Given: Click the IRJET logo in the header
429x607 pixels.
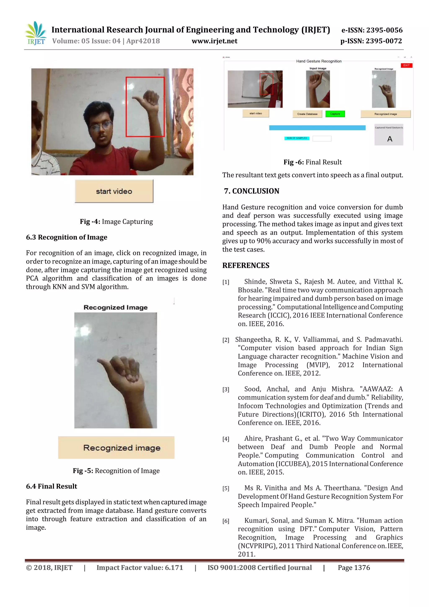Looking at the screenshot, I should (x=36, y=33).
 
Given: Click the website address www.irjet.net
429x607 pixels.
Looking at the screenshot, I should (x=214, y=41).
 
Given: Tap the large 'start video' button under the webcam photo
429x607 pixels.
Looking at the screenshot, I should (x=114, y=191).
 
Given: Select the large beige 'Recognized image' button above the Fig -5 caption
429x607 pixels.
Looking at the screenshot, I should (x=116, y=447).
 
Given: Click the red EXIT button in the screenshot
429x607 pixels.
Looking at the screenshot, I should (x=406, y=65).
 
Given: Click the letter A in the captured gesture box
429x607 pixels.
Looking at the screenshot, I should (x=390, y=139).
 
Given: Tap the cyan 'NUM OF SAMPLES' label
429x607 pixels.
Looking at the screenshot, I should (x=297, y=138).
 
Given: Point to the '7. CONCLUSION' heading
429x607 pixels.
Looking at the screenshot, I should (x=252, y=191).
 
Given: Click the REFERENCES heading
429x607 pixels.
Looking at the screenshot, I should (x=246, y=265).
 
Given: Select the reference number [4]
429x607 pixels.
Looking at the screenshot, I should (x=226, y=439).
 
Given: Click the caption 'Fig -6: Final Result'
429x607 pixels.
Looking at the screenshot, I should (x=313, y=162).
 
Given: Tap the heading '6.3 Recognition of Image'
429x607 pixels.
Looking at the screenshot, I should (x=67, y=237).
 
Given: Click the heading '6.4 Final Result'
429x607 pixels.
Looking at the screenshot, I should (x=52, y=486).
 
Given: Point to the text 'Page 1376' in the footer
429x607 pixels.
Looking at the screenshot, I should (x=354, y=568).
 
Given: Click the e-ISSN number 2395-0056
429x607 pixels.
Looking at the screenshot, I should (x=383, y=30).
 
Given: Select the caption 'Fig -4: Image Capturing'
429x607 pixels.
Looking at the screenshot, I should (x=116, y=222).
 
